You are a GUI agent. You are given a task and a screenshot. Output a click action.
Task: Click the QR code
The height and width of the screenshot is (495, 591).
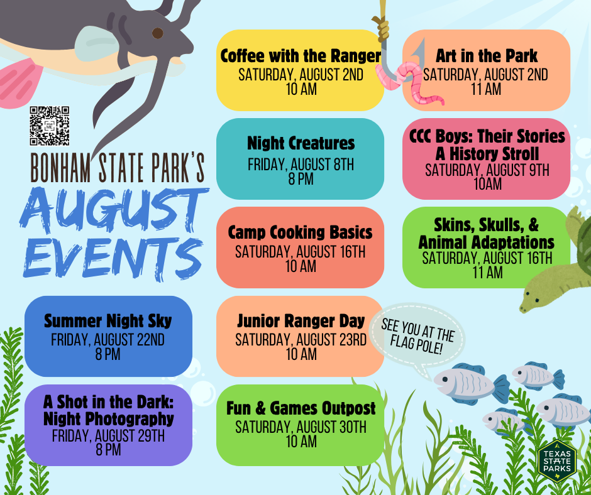point(50,126)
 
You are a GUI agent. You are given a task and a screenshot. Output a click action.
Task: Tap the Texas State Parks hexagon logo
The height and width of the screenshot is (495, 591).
point(557,460)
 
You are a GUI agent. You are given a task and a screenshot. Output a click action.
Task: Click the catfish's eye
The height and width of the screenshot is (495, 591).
point(158,33)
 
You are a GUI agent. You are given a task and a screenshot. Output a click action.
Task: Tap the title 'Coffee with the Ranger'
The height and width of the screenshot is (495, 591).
point(301,56)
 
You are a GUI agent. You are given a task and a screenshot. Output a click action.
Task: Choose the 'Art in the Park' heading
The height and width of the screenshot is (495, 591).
point(487,56)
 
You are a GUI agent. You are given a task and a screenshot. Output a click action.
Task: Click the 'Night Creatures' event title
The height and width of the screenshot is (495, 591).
point(301,143)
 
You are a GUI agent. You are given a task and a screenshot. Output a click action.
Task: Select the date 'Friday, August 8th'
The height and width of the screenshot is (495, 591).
point(301,165)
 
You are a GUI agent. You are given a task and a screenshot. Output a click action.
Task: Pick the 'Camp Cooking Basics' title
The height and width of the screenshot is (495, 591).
point(300,232)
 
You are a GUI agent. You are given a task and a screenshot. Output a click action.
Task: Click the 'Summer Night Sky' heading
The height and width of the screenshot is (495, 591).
point(108,321)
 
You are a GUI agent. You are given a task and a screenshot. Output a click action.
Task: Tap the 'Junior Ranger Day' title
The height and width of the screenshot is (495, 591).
point(301,321)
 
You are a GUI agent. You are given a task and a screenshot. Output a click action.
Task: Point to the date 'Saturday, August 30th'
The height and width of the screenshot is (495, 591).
point(301,427)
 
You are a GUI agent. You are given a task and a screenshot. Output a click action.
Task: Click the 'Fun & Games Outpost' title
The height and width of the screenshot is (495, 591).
point(301,408)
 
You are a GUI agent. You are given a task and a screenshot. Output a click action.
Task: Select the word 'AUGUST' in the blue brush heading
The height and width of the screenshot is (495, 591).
point(113,210)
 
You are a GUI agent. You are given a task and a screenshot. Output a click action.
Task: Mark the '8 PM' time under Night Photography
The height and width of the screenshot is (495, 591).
point(108,449)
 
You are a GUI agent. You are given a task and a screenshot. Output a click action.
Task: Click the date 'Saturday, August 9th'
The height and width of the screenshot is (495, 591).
point(487,170)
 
